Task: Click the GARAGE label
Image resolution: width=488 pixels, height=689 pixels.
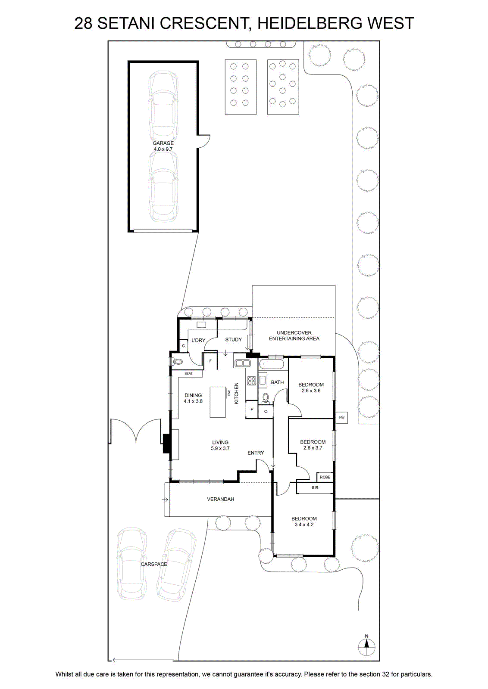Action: (163, 143)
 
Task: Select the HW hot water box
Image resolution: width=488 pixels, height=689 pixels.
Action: (341, 418)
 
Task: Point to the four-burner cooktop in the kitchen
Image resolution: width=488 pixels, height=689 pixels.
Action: (251, 381)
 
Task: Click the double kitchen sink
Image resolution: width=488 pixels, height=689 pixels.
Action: (243, 363)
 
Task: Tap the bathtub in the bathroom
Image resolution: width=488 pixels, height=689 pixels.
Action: (271, 365)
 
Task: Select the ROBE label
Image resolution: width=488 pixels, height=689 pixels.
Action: (325, 477)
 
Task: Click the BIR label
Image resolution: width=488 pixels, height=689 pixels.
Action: (315, 487)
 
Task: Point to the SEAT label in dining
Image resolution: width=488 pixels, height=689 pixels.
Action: (188, 373)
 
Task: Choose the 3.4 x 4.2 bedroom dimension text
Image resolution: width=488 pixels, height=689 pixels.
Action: (304, 525)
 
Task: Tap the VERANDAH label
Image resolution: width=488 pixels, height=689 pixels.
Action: (220, 499)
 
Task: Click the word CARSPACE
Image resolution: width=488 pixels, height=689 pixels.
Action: (154, 564)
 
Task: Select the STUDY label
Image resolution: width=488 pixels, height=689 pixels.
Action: (233, 340)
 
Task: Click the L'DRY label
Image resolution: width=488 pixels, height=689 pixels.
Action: (198, 340)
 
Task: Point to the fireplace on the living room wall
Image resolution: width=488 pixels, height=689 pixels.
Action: (166, 443)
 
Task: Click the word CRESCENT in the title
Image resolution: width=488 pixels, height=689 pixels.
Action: (204, 23)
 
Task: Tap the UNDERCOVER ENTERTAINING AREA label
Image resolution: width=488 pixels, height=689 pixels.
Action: (294, 335)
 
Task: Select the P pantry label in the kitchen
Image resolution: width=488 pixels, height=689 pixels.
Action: (252, 410)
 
